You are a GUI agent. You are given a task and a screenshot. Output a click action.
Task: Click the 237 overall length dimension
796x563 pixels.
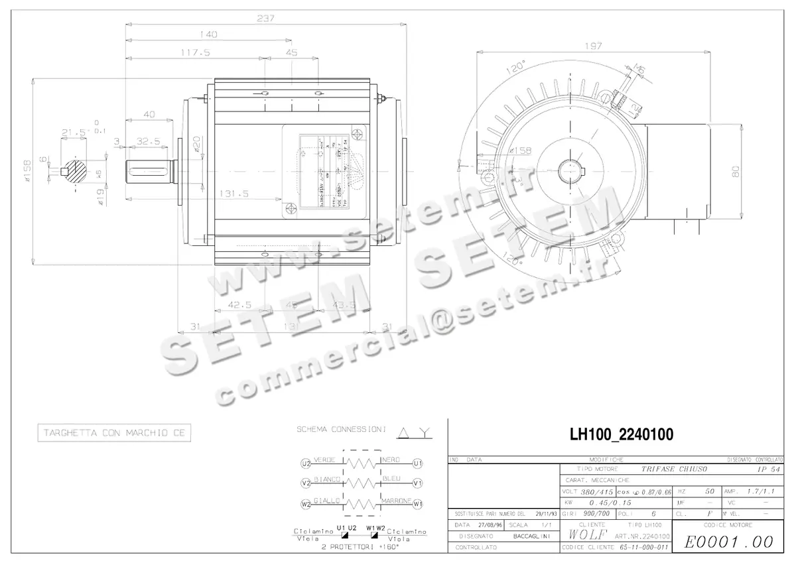tap(266, 19)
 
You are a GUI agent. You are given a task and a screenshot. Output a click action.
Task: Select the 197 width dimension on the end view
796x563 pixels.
tap(594, 46)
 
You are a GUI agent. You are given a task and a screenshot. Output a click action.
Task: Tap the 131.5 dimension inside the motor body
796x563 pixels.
tap(233, 194)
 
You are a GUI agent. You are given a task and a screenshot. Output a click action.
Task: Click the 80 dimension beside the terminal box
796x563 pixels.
tap(735, 171)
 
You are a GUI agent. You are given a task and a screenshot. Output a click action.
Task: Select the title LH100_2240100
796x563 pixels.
tap(622, 435)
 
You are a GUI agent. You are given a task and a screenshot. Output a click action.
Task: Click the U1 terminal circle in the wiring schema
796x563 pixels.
tap(417, 463)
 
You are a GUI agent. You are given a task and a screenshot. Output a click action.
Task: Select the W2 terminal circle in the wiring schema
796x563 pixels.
tap(306, 505)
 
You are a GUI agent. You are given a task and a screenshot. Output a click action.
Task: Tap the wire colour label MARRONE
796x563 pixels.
tap(397, 500)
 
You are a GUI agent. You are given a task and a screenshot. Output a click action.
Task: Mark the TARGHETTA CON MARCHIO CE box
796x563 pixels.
tap(114, 433)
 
